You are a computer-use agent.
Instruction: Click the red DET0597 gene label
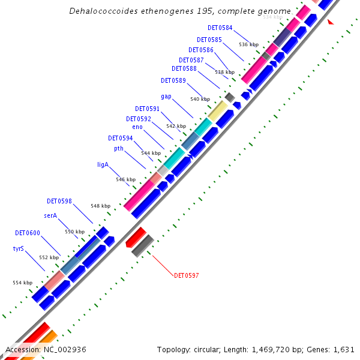[x=186, y=275]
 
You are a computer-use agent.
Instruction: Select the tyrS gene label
[x=18, y=248]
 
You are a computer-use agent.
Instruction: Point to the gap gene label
[x=166, y=96]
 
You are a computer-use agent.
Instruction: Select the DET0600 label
[x=27, y=232]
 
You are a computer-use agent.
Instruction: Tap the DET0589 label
[x=173, y=80]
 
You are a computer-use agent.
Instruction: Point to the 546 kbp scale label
[x=125, y=179]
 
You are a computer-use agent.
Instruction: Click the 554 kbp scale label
[x=22, y=283]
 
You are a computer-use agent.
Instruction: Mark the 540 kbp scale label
[x=200, y=99]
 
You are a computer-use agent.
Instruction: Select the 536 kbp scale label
[x=248, y=44]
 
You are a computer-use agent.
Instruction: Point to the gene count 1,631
[x=345, y=349]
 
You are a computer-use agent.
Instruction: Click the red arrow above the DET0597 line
[x=136, y=236]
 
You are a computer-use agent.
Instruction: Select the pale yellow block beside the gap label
[x=217, y=110]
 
